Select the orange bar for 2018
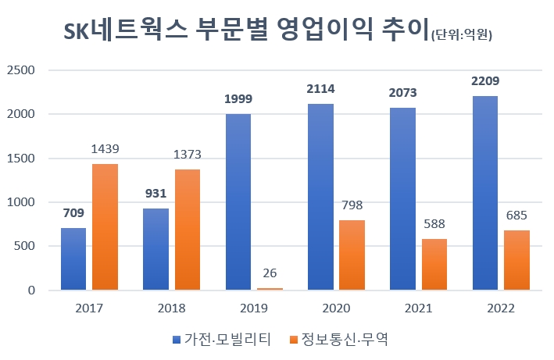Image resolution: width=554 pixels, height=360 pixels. pyautogui.click(x=188, y=230)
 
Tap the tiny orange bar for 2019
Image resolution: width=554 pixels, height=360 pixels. pyautogui.click(x=270, y=289)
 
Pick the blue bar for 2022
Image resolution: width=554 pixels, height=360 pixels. pyautogui.click(x=484, y=193)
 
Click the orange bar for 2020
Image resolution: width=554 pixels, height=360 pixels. pyautogui.click(x=352, y=255)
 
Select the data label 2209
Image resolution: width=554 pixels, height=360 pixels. pyautogui.click(x=484, y=80)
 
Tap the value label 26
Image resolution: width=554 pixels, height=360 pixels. pyautogui.click(x=270, y=274)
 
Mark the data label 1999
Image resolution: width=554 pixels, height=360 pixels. pyautogui.click(x=238, y=99)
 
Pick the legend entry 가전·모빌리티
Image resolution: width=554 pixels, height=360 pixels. pyautogui.click(x=222, y=339)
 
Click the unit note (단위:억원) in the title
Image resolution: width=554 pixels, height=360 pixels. pyautogui.click(x=466, y=34)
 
